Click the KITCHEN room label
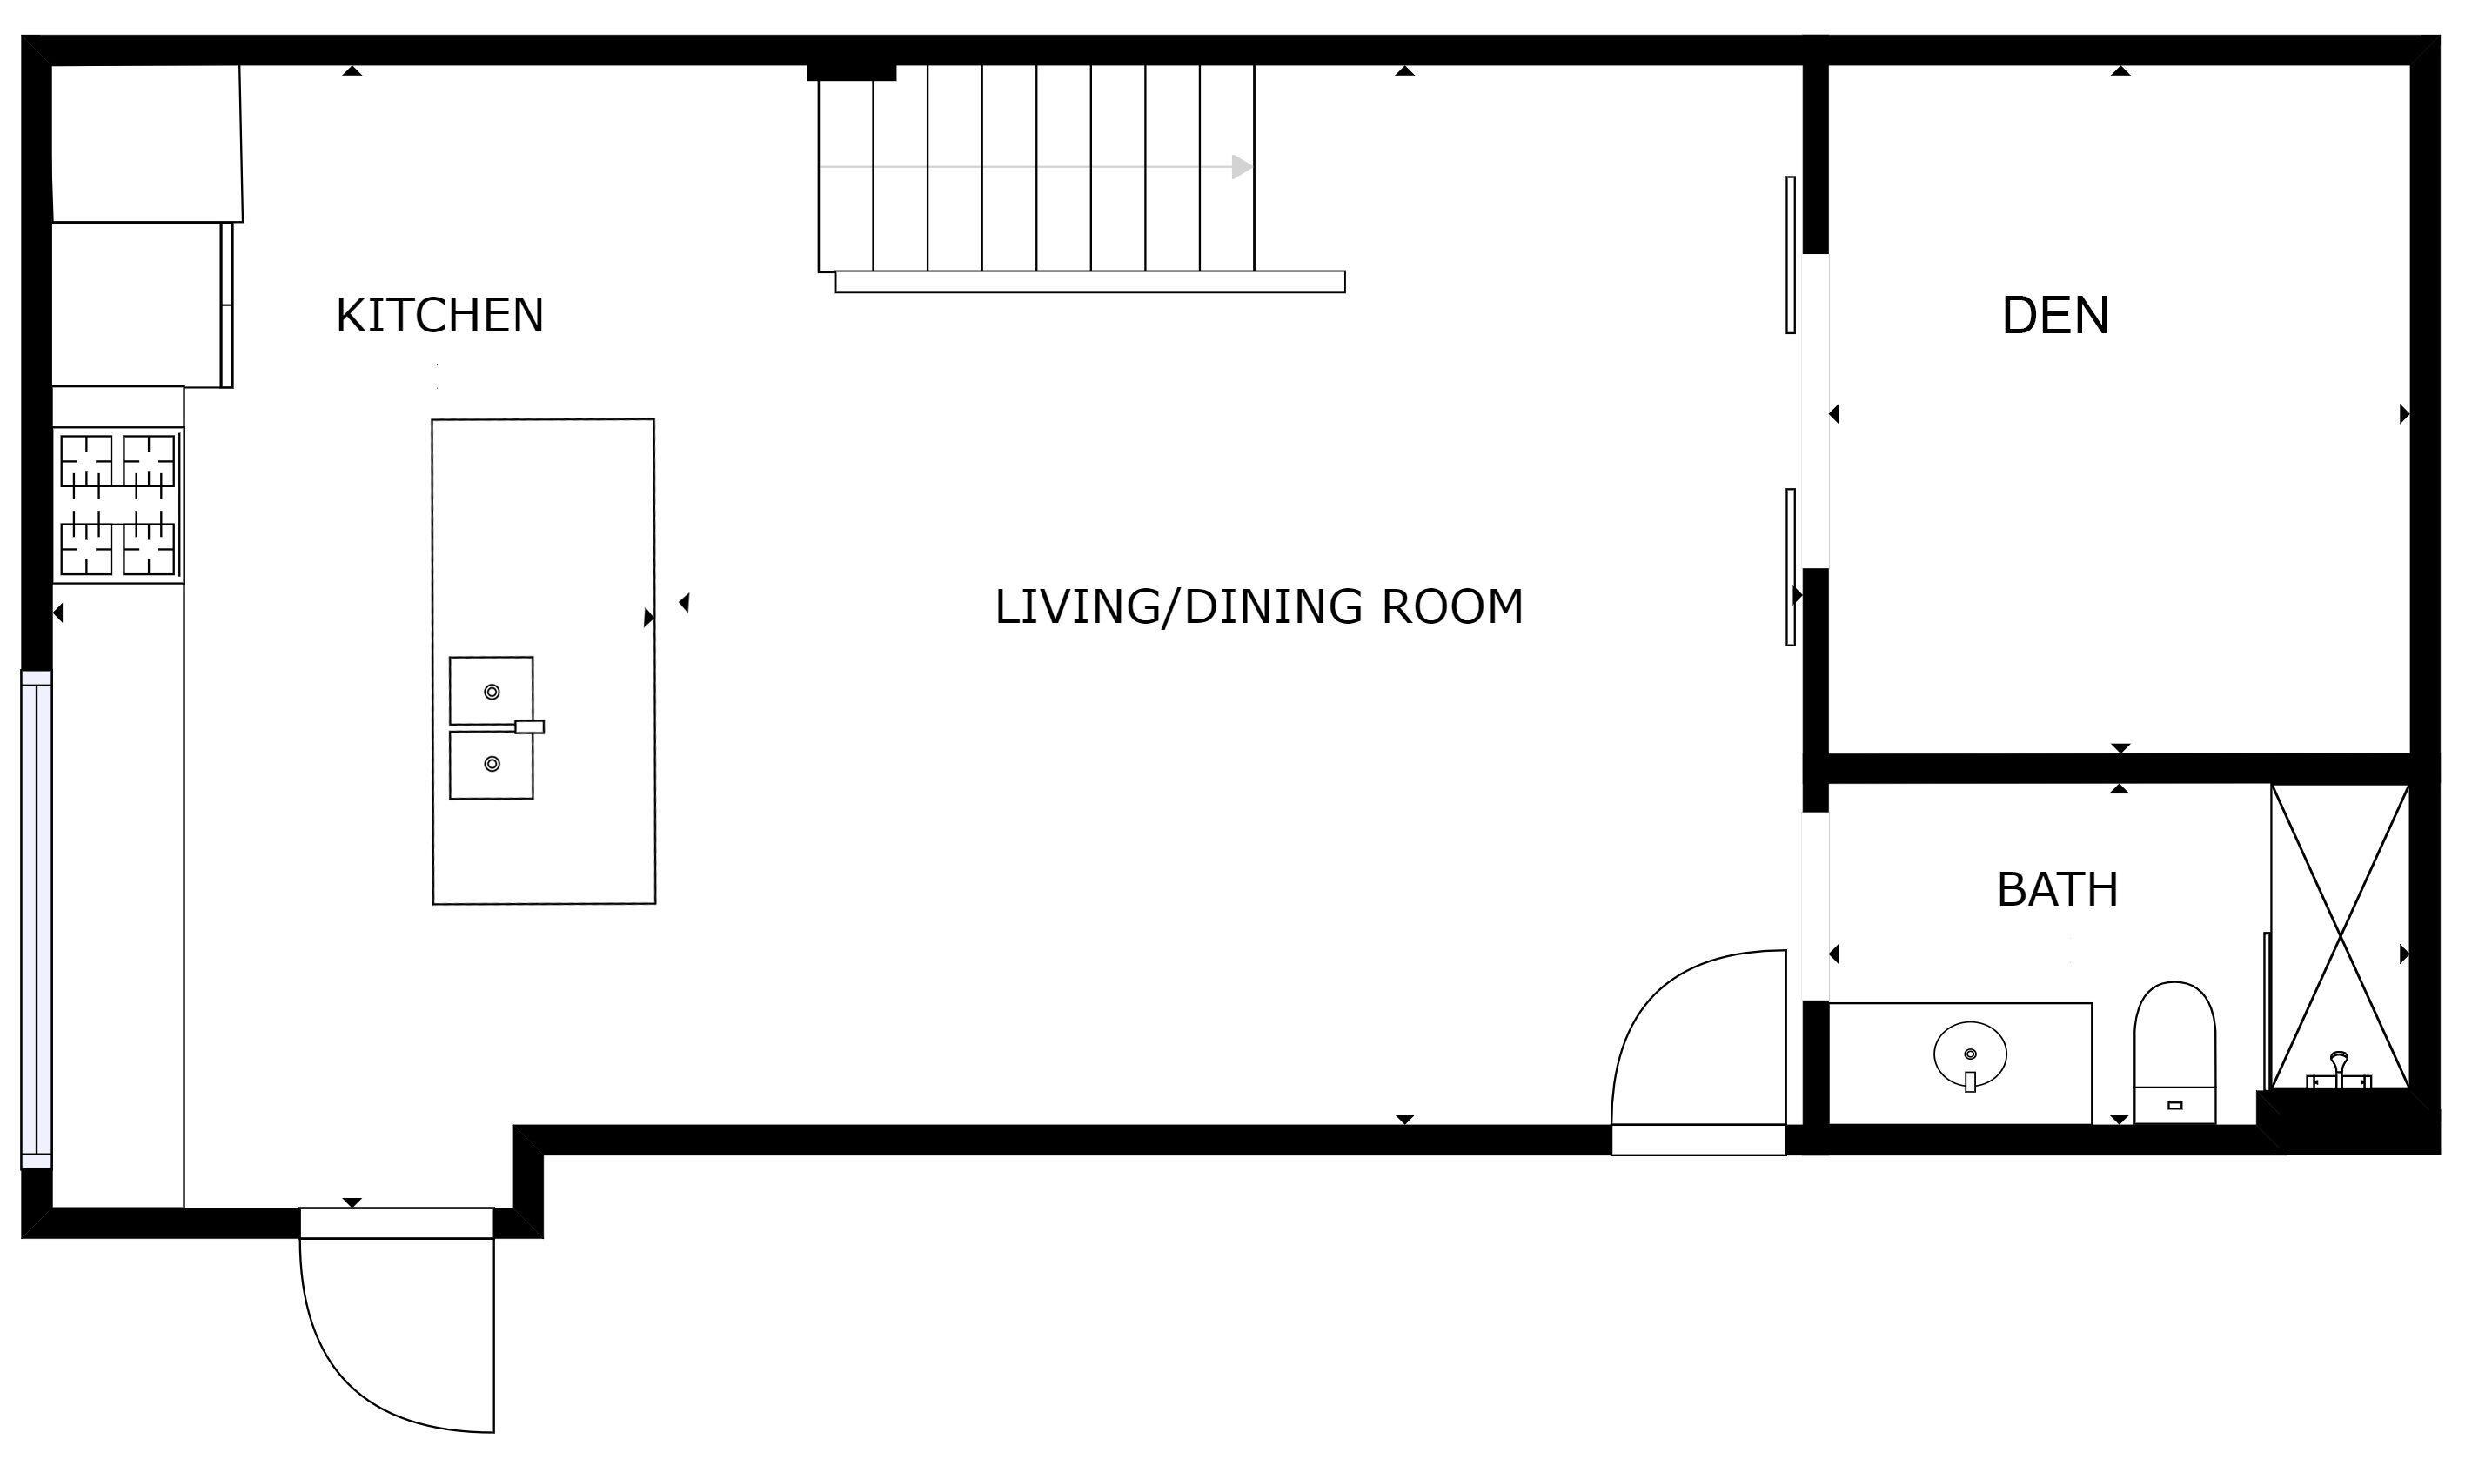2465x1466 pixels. (439, 315)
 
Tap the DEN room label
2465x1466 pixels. (2055, 315)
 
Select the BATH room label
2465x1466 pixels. (2058, 889)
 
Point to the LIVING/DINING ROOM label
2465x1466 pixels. (1259, 606)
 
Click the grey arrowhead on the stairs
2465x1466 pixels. (1242, 167)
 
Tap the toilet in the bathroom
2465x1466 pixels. (2174, 1053)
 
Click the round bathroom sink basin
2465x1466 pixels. (1970, 1054)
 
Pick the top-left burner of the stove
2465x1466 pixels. (87, 460)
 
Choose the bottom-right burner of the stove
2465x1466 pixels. (148, 548)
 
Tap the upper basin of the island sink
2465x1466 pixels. (491, 691)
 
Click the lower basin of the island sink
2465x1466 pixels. (491, 765)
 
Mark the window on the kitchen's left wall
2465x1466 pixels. (36, 920)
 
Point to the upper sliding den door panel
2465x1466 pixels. (1790, 255)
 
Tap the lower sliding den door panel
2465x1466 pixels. (1790, 567)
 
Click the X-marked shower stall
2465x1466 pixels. (2340, 936)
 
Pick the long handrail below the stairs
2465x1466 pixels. (1089, 282)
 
